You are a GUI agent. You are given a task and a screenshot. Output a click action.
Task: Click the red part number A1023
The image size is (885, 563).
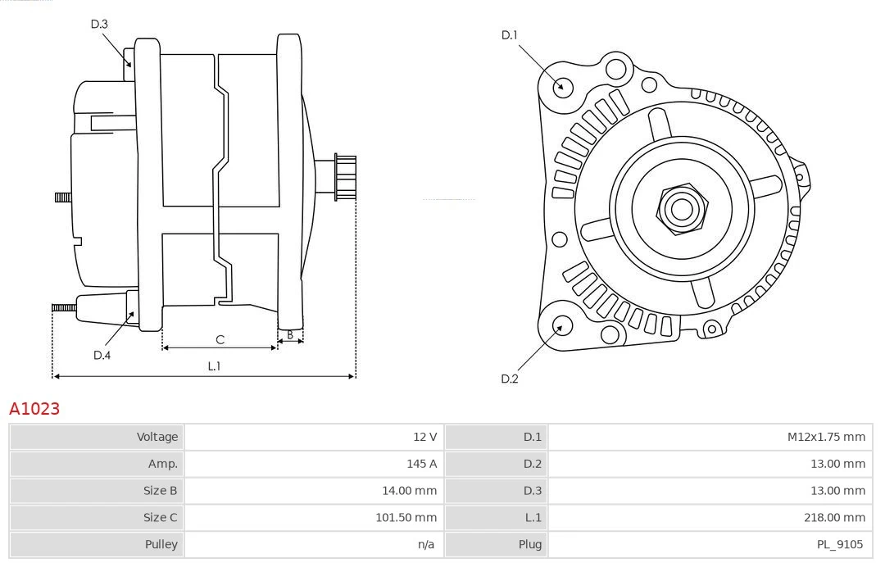(34, 408)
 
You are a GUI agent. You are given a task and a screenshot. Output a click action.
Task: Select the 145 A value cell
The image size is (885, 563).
(421, 464)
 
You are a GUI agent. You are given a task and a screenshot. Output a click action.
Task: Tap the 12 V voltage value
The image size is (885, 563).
(425, 437)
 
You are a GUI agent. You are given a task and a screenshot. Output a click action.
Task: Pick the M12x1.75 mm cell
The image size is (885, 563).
(826, 437)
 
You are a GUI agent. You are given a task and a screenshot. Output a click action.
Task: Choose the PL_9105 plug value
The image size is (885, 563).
(840, 544)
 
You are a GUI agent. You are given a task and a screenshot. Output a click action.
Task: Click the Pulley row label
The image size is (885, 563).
(161, 544)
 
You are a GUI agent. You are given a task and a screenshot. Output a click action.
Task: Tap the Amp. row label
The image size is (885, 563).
(163, 464)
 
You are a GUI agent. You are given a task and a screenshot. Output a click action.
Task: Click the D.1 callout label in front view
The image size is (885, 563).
(510, 35)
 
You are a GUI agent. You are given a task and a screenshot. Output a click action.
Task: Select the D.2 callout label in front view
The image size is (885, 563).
(510, 379)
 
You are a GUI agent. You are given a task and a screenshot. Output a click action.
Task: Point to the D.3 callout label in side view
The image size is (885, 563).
(99, 24)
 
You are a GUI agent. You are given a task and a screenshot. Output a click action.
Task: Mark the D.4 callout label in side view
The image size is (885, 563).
(102, 355)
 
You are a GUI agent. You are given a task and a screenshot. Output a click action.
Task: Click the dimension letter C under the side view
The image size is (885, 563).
(220, 339)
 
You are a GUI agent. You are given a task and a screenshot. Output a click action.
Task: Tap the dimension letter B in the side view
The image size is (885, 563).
(289, 334)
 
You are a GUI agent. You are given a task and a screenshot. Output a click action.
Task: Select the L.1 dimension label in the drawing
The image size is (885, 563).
(213, 366)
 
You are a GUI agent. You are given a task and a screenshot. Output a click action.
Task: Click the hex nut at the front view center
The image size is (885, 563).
(681, 209)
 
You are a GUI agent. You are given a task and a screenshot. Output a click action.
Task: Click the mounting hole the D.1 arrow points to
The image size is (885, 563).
(562, 86)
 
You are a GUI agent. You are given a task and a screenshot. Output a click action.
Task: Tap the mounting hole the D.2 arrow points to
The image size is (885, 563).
(561, 326)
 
